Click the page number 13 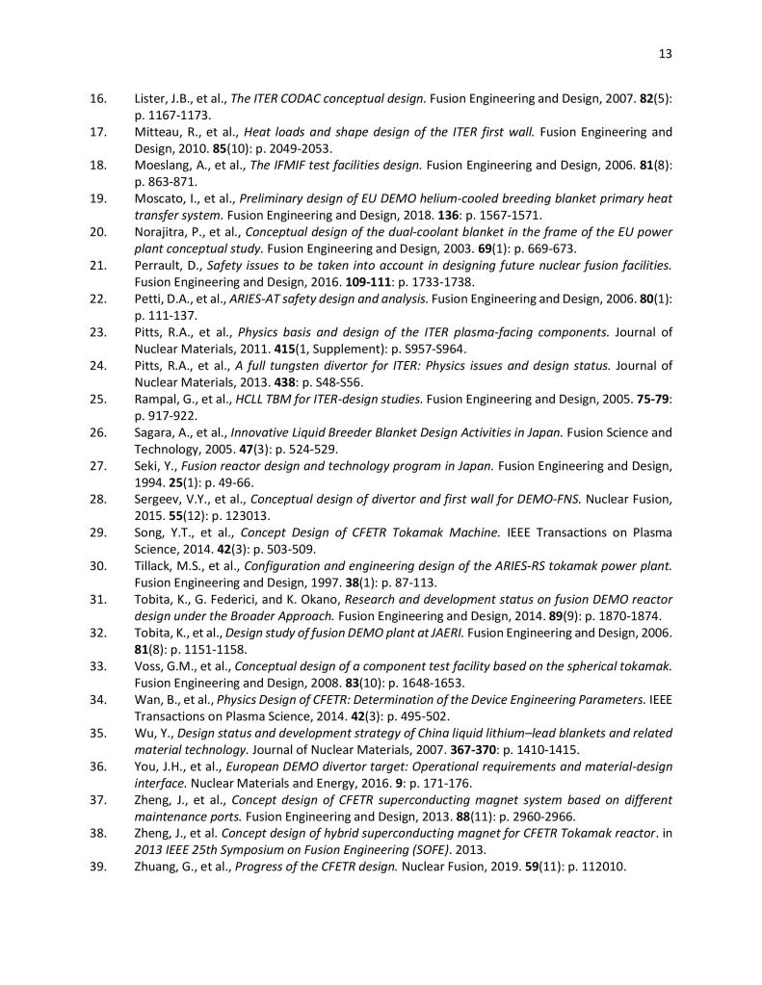point(665,54)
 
